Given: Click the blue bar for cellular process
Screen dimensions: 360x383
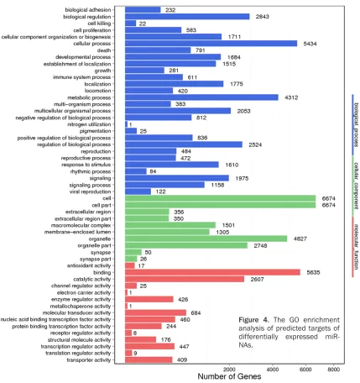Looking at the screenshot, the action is pyautogui.click(x=211, y=44).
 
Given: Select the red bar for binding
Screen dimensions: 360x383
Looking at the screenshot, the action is pyautogui.click(x=212, y=272).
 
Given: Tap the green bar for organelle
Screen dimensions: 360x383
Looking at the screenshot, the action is pyautogui.click(x=206, y=239).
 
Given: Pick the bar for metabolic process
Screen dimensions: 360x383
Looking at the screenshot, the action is pyautogui.click(x=201, y=97).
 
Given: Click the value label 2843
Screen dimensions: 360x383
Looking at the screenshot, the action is pyautogui.click(x=263, y=17).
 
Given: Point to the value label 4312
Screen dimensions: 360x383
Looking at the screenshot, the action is pyautogui.click(x=291, y=97).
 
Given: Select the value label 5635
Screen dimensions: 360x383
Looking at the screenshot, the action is pyautogui.click(x=313, y=272).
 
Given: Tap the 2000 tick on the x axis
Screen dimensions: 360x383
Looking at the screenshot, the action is pyautogui.click(x=229, y=370).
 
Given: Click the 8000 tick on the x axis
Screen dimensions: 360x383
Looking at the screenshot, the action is pyautogui.click(x=334, y=370).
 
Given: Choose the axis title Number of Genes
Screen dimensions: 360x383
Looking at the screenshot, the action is pyautogui.click(x=229, y=376).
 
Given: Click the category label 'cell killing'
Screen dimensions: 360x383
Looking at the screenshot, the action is pyautogui.click(x=99, y=24).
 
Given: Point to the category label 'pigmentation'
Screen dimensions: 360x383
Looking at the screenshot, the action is pyautogui.click(x=95, y=131).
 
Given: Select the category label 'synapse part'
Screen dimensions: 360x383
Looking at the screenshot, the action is pyautogui.click(x=96, y=259).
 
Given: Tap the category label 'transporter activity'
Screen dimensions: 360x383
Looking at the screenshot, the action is pyautogui.click(x=89, y=360).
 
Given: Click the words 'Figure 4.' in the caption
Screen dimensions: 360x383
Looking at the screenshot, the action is pyautogui.click(x=253, y=320).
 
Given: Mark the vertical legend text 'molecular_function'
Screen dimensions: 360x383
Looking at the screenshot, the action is pyautogui.click(x=357, y=247).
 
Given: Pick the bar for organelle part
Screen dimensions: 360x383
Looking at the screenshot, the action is pyautogui.click(x=186, y=245).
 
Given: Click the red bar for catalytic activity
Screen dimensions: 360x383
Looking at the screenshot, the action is pyautogui.click(x=185, y=279).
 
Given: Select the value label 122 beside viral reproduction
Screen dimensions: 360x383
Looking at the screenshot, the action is pyautogui.click(x=160, y=191).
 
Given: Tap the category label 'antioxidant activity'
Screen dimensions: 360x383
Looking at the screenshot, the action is pyautogui.click(x=89, y=265).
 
